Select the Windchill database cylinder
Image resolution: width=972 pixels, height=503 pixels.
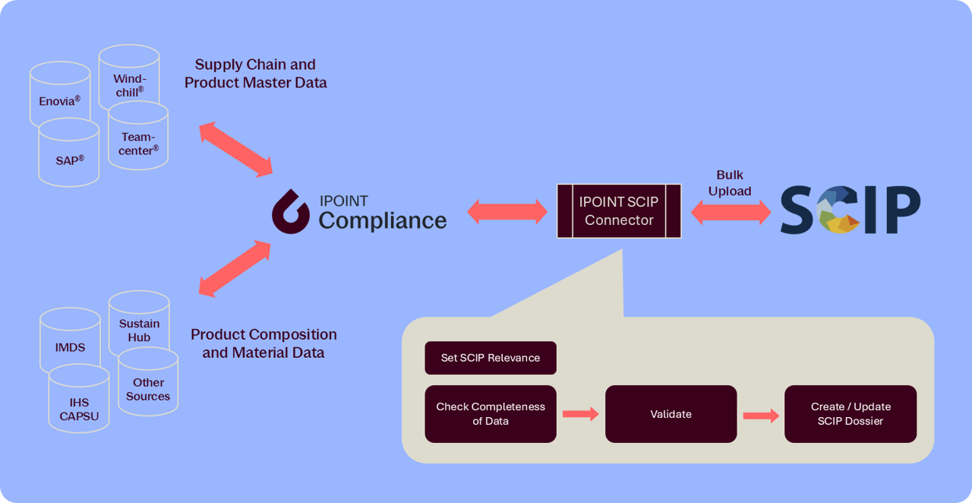pyautogui.click(x=129, y=76)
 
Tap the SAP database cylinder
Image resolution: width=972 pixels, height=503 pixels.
pyautogui.click(x=68, y=158)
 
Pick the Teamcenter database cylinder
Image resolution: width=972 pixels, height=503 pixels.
pyautogui.click(x=139, y=141)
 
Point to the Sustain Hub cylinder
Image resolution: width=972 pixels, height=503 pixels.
pyautogui.click(x=139, y=327)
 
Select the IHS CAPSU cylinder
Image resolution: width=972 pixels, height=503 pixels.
pyautogui.click(x=79, y=407)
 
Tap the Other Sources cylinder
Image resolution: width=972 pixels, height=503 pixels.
pyautogui.click(x=148, y=388)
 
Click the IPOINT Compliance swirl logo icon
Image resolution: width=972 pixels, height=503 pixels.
pyautogui.click(x=291, y=211)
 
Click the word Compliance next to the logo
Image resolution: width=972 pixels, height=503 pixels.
pyautogui.click(x=383, y=220)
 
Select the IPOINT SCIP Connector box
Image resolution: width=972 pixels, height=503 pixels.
pyautogui.click(x=619, y=211)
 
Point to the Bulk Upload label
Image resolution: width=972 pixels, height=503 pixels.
pyautogui.click(x=730, y=183)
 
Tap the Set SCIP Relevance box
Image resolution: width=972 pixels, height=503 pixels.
pyautogui.click(x=491, y=358)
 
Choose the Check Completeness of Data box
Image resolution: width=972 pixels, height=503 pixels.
pyautogui.click(x=491, y=413)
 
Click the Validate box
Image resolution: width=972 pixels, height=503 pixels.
pyautogui.click(x=671, y=414)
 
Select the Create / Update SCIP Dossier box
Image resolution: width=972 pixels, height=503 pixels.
pyautogui.click(x=850, y=414)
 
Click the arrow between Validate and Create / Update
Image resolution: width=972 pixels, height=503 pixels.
pyautogui.click(x=761, y=416)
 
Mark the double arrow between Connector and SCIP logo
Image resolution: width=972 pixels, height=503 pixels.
pyautogui.click(x=731, y=212)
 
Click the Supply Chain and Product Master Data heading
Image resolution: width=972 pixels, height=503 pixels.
pyautogui.click(x=255, y=74)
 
